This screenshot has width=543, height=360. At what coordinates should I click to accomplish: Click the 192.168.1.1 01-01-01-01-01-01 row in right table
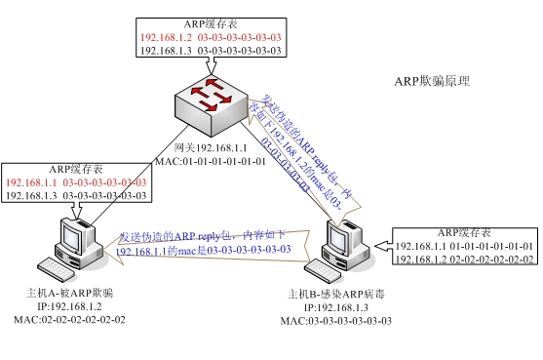(x=465, y=246)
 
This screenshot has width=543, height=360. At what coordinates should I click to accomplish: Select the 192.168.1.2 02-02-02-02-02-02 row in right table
(x=465, y=260)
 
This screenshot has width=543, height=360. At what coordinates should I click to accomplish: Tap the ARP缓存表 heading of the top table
(x=211, y=21)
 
